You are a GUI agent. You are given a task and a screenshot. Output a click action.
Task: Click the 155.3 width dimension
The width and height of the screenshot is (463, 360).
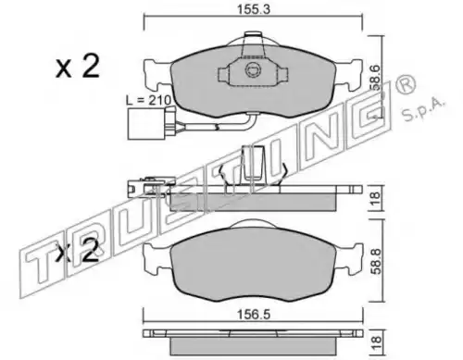click(x=254, y=9)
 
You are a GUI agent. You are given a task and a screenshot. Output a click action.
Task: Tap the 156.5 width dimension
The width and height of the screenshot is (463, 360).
click(x=254, y=315)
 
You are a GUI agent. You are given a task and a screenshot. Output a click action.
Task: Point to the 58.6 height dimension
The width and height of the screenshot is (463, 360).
click(x=376, y=77)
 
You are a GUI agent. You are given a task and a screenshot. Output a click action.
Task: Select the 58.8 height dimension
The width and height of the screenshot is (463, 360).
click(x=376, y=262)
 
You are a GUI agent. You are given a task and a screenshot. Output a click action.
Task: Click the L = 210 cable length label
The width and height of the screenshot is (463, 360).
click(x=148, y=100)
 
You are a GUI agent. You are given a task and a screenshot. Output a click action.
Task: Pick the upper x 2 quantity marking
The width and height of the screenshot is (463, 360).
click(x=78, y=66)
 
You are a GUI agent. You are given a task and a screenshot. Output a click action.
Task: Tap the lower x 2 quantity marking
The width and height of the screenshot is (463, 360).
click(x=77, y=251)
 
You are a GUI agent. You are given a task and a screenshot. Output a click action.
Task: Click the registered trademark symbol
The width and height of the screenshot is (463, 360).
click(x=406, y=84)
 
